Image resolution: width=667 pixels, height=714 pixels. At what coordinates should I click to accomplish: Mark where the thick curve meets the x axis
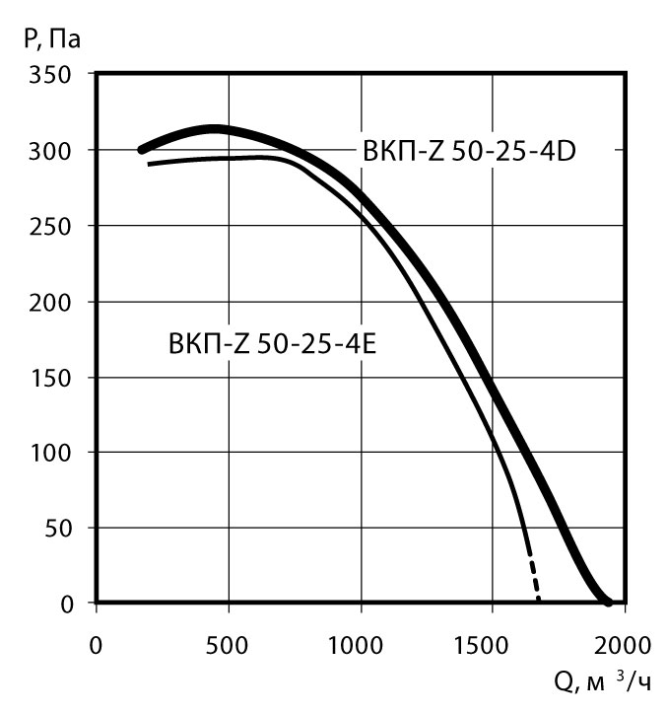point(608,602)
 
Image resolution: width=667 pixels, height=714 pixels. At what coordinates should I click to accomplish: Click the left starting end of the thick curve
point(142,150)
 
